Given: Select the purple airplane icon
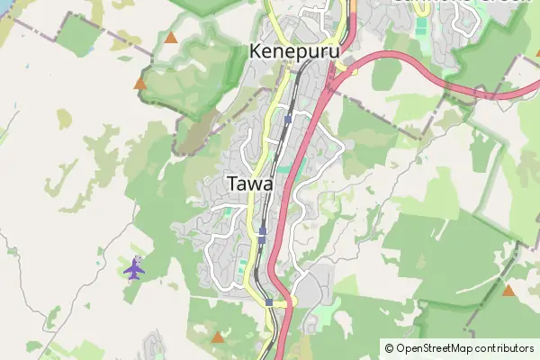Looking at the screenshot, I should click(134, 267).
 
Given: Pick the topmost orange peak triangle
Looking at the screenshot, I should click(171, 38).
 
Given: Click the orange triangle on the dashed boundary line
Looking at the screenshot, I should click(139, 84).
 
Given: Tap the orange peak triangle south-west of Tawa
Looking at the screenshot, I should click(216, 337).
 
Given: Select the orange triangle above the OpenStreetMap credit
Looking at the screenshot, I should click(509, 290).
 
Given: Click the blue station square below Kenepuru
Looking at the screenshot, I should click(287, 119).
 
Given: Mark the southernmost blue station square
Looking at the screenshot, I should click(269, 303).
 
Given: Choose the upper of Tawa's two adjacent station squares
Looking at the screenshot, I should click(262, 231).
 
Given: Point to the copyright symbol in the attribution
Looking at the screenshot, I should click(389, 347).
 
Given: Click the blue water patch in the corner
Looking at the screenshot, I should click(5, 5).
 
